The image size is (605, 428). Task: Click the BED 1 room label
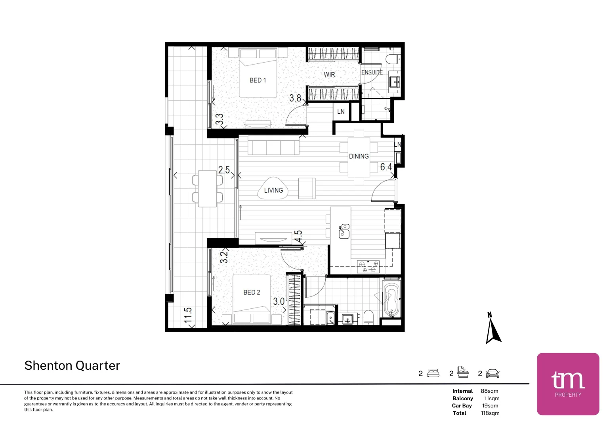click(258, 80)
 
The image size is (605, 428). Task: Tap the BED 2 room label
click(252, 292)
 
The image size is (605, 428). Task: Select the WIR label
click(329, 75)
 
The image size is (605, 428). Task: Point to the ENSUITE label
click(372, 73)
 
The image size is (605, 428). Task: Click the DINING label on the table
click(359, 156)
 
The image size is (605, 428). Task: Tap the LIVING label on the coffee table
click(273, 191)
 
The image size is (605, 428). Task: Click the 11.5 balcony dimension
click(188, 315)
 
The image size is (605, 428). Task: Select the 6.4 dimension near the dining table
click(386, 167)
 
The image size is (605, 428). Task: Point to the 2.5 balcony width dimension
click(224, 170)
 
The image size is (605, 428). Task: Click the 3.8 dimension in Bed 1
click(295, 98)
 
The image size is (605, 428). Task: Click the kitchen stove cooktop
click(368, 267)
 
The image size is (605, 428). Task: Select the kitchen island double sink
click(344, 231)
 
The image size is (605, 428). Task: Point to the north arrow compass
click(493, 328)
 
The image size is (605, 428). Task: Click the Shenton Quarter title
click(72, 365)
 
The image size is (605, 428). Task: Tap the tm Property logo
click(568, 384)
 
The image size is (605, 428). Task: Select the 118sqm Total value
click(490, 413)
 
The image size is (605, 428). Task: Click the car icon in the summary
click(492, 373)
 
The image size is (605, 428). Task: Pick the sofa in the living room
click(273, 145)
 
